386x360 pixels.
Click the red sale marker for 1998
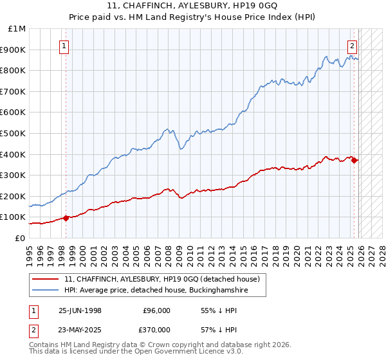click(66, 218)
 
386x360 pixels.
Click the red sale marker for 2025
click(354, 161)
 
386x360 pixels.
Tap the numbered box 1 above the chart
click(65, 46)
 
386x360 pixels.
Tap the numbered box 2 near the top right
click(353, 46)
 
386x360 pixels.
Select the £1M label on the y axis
click(17, 28)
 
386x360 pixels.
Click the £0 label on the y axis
click(20, 238)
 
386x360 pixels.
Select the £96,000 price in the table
click(157, 310)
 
